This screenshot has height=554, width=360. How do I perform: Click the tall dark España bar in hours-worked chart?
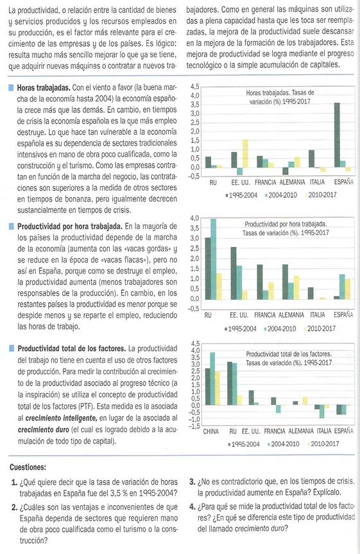click(x=337, y=135)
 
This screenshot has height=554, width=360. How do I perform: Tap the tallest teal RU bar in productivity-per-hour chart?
click(x=214, y=259)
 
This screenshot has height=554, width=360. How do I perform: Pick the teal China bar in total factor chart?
click(x=212, y=379)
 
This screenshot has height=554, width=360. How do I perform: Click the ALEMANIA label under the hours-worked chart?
click(x=292, y=182)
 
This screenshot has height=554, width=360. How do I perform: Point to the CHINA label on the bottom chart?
click(x=211, y=431)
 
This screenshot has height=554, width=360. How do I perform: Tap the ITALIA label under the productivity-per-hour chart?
click(x=317, y=315)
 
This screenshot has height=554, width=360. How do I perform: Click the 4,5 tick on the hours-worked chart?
click(x=194, y=87)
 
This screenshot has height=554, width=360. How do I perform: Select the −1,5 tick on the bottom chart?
click(x=194, y=426)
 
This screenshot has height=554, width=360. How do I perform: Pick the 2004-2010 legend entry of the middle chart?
click(x=280, y=329)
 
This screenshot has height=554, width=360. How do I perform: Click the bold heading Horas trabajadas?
click(x=44, y=87)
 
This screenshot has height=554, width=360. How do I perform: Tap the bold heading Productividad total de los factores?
click(x=72, y=349)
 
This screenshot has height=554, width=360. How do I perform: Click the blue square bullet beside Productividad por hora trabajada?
click(x=12, y=226)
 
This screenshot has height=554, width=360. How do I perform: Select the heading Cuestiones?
click(x=28, y=467)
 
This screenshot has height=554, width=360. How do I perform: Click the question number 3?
click(x=193, y=481)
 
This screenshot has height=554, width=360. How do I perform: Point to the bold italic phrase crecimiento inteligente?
click(x=61, y=419)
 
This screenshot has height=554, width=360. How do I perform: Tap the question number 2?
click(x=15, y=508)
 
